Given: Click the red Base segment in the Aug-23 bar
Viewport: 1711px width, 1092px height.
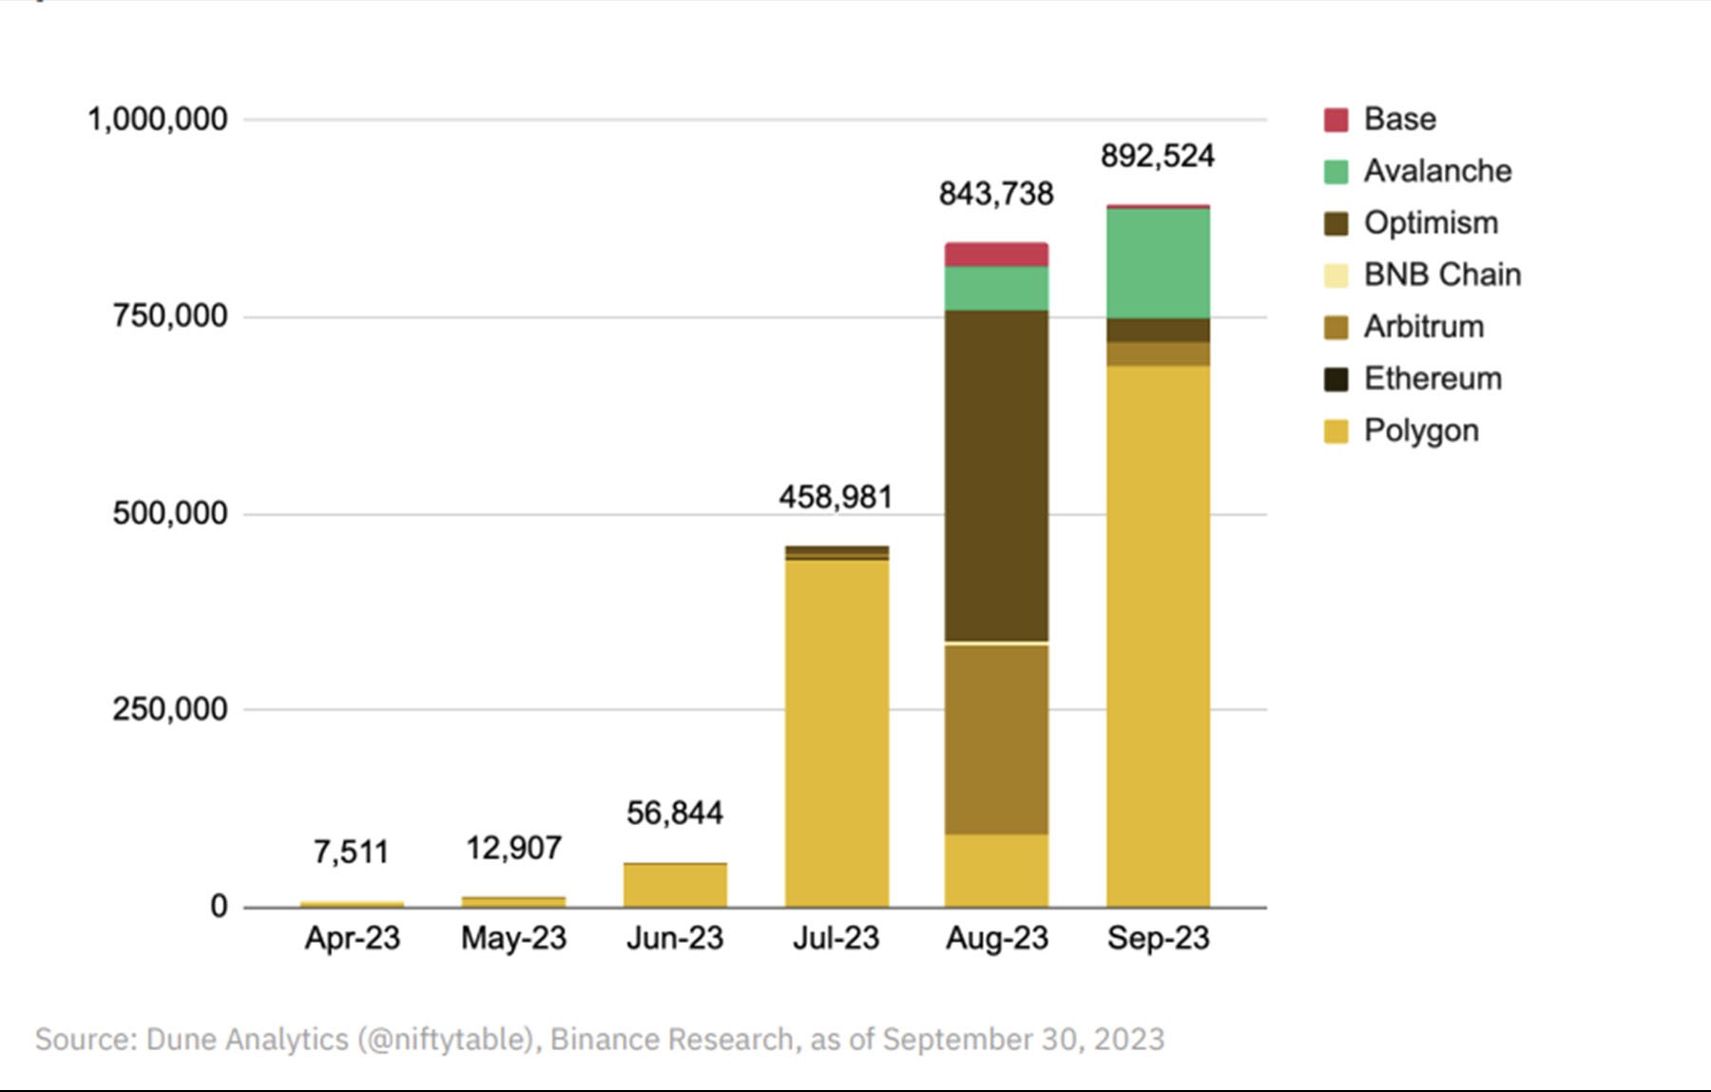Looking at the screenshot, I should (x=996, y=255).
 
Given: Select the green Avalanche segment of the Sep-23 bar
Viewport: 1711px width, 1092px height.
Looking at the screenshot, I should (x=1158, y=263).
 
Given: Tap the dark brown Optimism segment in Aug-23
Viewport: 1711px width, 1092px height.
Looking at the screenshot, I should (x=996, y=475).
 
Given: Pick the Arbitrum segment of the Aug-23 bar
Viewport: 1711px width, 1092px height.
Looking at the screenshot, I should (x=996, y=739).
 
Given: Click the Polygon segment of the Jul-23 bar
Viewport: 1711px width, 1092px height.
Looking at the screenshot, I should (x=836, y=732).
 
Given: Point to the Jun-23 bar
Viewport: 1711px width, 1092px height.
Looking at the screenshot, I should (x=675, y=885).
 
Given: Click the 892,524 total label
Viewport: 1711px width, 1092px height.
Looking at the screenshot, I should (x=1158, y=156).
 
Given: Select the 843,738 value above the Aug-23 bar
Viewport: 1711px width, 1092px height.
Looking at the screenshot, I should (x=996, y=194).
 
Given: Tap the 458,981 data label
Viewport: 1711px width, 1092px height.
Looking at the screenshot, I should (x=836, y=497).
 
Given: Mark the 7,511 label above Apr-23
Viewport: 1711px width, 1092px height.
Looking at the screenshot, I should (x=351, y=852).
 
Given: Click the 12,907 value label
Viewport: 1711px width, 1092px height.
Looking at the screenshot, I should (x=513, y=848).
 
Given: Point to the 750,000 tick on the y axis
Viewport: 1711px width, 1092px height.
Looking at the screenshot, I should (x=170, y=316).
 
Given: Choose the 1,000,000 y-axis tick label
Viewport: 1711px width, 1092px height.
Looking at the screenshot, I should (x=158, y=120).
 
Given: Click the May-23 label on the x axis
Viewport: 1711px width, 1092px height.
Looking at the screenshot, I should (x=513, y=938).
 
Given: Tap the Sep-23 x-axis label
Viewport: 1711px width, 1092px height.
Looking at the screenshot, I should (x=1158, y=938).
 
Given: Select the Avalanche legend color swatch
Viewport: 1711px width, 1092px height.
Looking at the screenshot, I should (x=1336, y=172).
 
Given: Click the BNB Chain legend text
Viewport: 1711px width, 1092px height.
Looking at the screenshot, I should (x=1442, y=275).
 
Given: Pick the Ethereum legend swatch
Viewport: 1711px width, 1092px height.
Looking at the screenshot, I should (x=1336, y=379).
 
